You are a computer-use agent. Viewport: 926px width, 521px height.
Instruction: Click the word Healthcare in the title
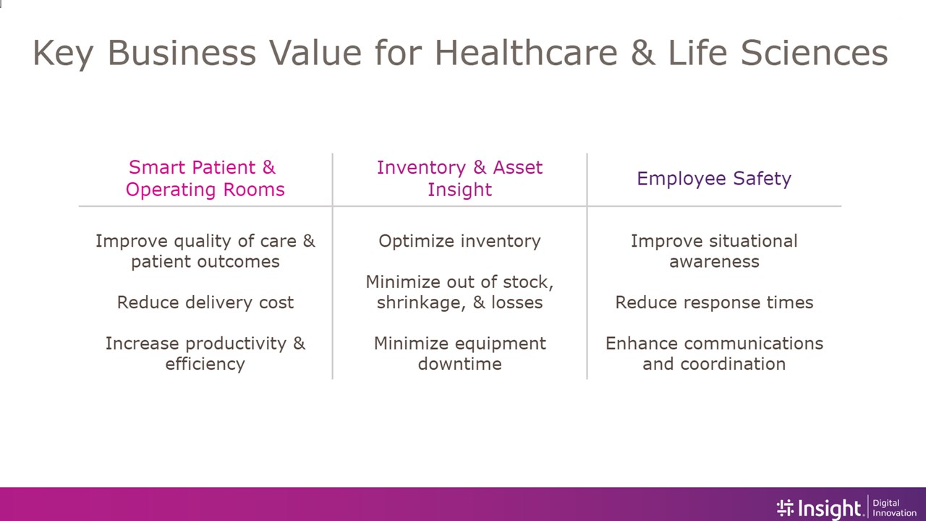[526, 53]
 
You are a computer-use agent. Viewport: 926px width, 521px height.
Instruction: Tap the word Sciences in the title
[814, 53]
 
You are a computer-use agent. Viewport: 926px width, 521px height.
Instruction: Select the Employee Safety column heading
[714, 179]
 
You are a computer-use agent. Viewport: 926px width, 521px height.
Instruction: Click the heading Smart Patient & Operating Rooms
[205, 179]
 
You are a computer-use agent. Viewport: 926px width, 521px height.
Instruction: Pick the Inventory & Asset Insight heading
[459, 179]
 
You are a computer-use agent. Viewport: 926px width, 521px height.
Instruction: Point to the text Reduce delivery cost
[205, 302]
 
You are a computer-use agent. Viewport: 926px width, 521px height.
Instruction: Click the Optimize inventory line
[459, 242]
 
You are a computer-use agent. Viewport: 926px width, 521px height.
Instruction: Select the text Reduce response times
[714, 302]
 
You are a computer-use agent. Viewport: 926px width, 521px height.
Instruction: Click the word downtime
[459, 364]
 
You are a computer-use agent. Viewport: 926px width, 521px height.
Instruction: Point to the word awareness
[714, 262]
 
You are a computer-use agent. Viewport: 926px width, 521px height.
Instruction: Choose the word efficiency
[205, 364]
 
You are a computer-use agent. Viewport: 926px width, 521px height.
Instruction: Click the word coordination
[733, 364]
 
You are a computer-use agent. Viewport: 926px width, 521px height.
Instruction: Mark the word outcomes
[239, 262]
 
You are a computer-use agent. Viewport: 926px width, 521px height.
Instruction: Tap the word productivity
[236, 344]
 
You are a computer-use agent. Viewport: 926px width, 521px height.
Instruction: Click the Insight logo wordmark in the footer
[821, 508]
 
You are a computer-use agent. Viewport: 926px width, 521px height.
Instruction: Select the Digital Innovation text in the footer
[894, 508]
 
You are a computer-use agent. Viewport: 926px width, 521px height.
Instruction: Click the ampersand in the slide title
[643, 53]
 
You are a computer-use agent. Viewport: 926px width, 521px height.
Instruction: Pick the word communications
[753, 344]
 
